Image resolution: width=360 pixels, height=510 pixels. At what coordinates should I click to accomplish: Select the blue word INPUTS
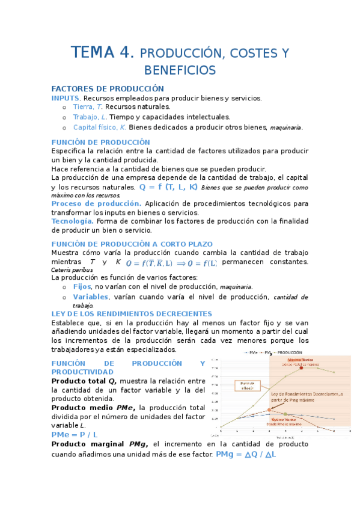[x=66, y=98]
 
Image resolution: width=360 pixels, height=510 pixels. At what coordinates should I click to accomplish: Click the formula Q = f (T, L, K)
[x=168, y=187]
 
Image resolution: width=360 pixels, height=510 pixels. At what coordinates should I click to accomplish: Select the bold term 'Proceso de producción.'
[x=96, y=204]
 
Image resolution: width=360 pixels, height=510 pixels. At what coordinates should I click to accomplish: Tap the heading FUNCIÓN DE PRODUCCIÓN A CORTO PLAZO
[x=132, y=244]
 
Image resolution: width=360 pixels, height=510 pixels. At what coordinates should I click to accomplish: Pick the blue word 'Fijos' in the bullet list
[x=82, y=287]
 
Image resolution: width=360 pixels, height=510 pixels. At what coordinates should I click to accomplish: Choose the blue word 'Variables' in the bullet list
[x=91, y=296]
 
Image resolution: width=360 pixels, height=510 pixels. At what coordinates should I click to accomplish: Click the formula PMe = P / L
[x=75, y=434]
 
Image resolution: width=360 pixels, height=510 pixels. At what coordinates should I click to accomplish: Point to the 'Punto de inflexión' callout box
[x=246, y=386]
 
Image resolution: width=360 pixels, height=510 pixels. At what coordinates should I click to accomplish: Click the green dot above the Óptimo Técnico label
[x=285, y=414]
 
